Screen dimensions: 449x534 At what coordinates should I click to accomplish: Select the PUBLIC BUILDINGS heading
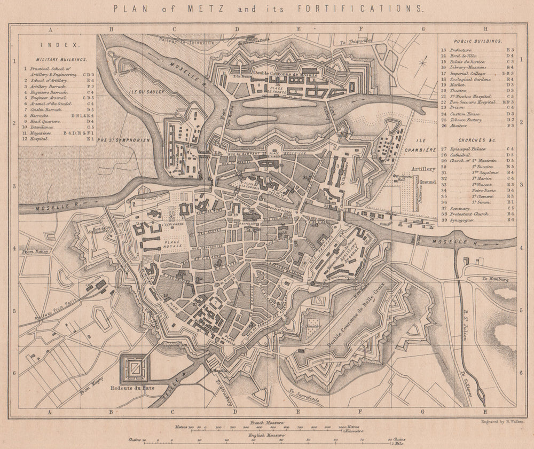click(477, 41)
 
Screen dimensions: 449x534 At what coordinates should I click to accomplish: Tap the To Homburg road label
click(495, 279)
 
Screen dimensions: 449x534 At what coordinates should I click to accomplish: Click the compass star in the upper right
click(423, 63)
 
